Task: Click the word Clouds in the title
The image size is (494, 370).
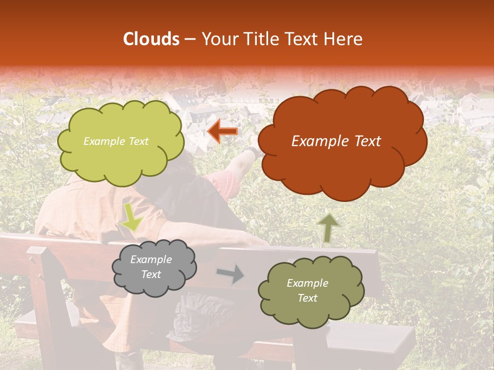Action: [151, 39]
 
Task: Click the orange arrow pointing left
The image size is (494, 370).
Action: [222, 132]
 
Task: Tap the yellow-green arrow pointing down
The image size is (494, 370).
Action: [131, 218]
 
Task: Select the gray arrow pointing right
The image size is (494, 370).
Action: [231, 274]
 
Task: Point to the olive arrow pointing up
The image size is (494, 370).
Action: [328, 228]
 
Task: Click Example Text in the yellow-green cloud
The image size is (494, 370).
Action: [116, 141]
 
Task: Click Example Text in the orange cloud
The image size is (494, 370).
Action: [336, 141]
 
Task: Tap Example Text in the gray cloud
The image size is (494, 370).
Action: [151, 267]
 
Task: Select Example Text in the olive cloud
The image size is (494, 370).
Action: [307, 290]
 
